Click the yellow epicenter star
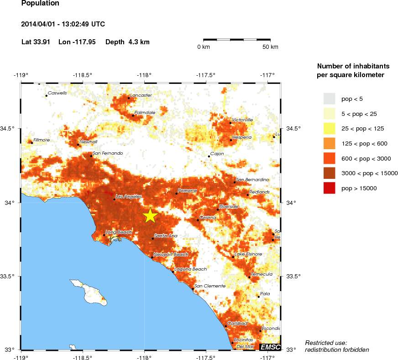pos(150,216)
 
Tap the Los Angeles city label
pos(126,197)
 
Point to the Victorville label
pos(242,120)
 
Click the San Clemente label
pos(210,286)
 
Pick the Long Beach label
pos(119,232)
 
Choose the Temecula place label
pos(262,274)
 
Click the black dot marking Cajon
pos(209,157)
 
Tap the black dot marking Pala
pos(258,297)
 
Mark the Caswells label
pos(58,93)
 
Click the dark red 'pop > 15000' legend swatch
pos(329,188)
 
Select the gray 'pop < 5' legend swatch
pos(329,99)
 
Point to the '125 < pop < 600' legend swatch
pos(329,143)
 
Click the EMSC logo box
pos(270,347)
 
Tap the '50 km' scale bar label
pos(270,47)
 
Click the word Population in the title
pos(40,4)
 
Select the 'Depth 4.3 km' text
pos(127,42)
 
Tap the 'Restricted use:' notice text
pos(326,343)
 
